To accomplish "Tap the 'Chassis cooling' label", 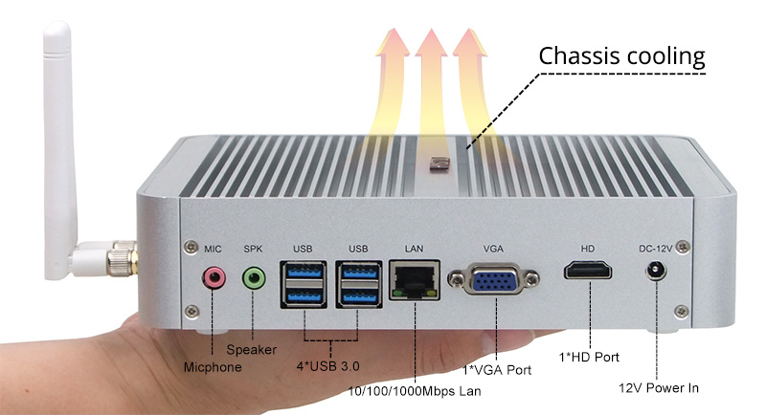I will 621,55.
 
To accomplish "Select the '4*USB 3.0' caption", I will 331,364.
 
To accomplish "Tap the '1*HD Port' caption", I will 589,357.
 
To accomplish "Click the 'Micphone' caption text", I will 214,366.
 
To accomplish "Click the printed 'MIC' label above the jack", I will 213,249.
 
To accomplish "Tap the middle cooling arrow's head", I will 429,43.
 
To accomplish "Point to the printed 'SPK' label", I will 253,249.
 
